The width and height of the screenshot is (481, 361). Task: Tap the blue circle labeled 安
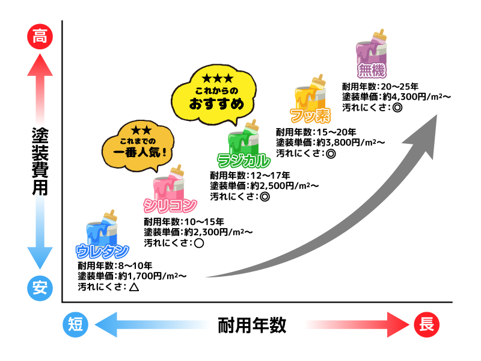click(x=40, y=288)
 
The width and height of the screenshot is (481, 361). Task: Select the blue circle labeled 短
click(x=76, y=325)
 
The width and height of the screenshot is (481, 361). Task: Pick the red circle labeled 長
click(x=427, y=325)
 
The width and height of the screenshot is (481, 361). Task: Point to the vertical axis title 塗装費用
click(x=40, y=161)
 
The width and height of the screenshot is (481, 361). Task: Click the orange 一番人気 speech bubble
click(x=141, y=144)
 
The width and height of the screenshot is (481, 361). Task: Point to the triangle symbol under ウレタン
click(x=133, y=288)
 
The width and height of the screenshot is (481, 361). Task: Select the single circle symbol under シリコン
click(x=199, y=244)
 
